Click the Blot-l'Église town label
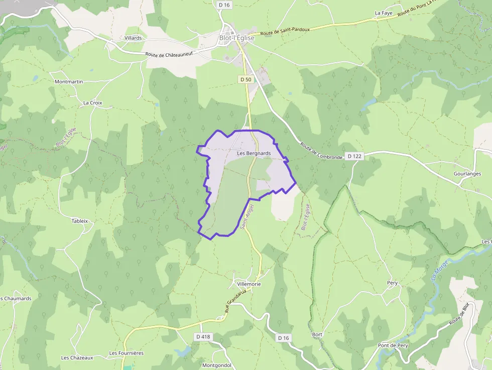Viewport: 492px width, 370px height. click(237, 38)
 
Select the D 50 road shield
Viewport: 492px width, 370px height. click(245, 79)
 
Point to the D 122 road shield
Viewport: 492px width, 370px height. click(354, 156)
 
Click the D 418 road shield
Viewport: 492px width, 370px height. click(203, 336)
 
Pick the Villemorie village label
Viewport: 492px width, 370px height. click(249, 284)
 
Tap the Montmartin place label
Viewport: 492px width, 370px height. click(69, 81)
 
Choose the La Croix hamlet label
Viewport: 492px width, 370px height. click(93, 103)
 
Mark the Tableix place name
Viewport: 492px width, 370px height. click(80, 221)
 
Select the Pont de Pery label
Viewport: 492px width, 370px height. click(393, 345)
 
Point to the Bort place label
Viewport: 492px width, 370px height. click(317, 334)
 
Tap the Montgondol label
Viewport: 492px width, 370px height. click(216, 365)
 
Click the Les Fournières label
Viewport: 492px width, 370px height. click(127, 353)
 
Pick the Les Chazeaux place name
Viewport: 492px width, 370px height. click(77, 358)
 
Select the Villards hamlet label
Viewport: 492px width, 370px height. click(133, 38)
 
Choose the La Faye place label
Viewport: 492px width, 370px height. click(384, 13)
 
